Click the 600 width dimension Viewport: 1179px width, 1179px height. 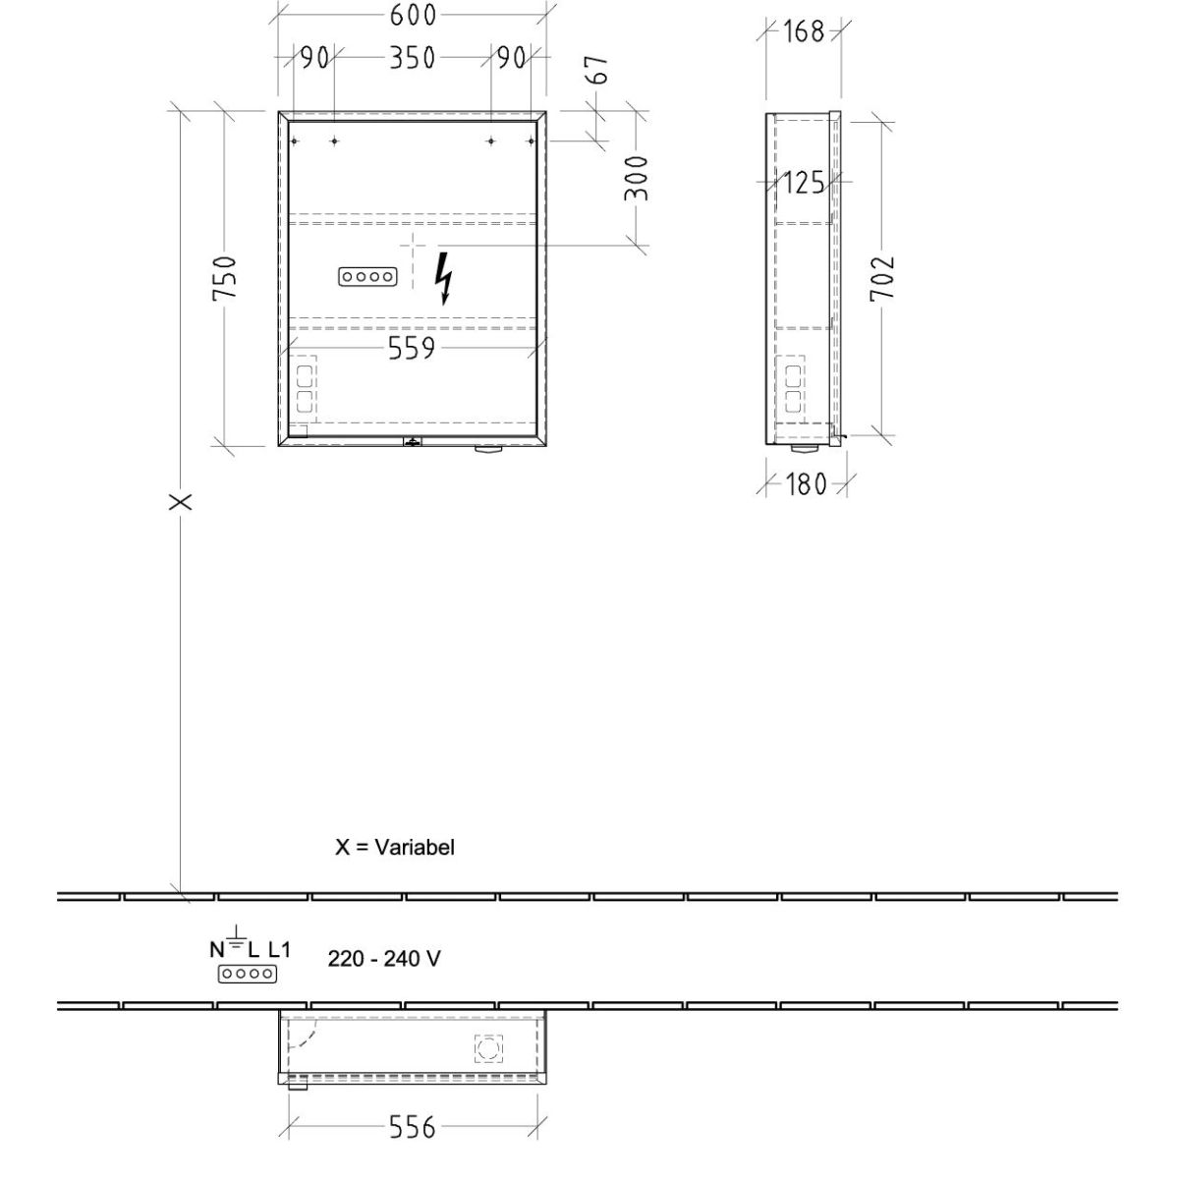coord(413,15)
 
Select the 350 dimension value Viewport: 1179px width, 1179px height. coord(413,58)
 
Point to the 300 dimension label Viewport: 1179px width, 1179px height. coord(637,178)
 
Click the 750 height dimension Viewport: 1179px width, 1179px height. coord(224,278)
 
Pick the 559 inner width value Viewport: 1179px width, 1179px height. coord(412,348)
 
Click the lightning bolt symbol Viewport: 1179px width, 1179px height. coord(443,278)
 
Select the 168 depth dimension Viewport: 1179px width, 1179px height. coord(804,31)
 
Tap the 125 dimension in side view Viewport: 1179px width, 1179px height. coord(804,183)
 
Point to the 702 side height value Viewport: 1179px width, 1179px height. coord(882,278)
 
